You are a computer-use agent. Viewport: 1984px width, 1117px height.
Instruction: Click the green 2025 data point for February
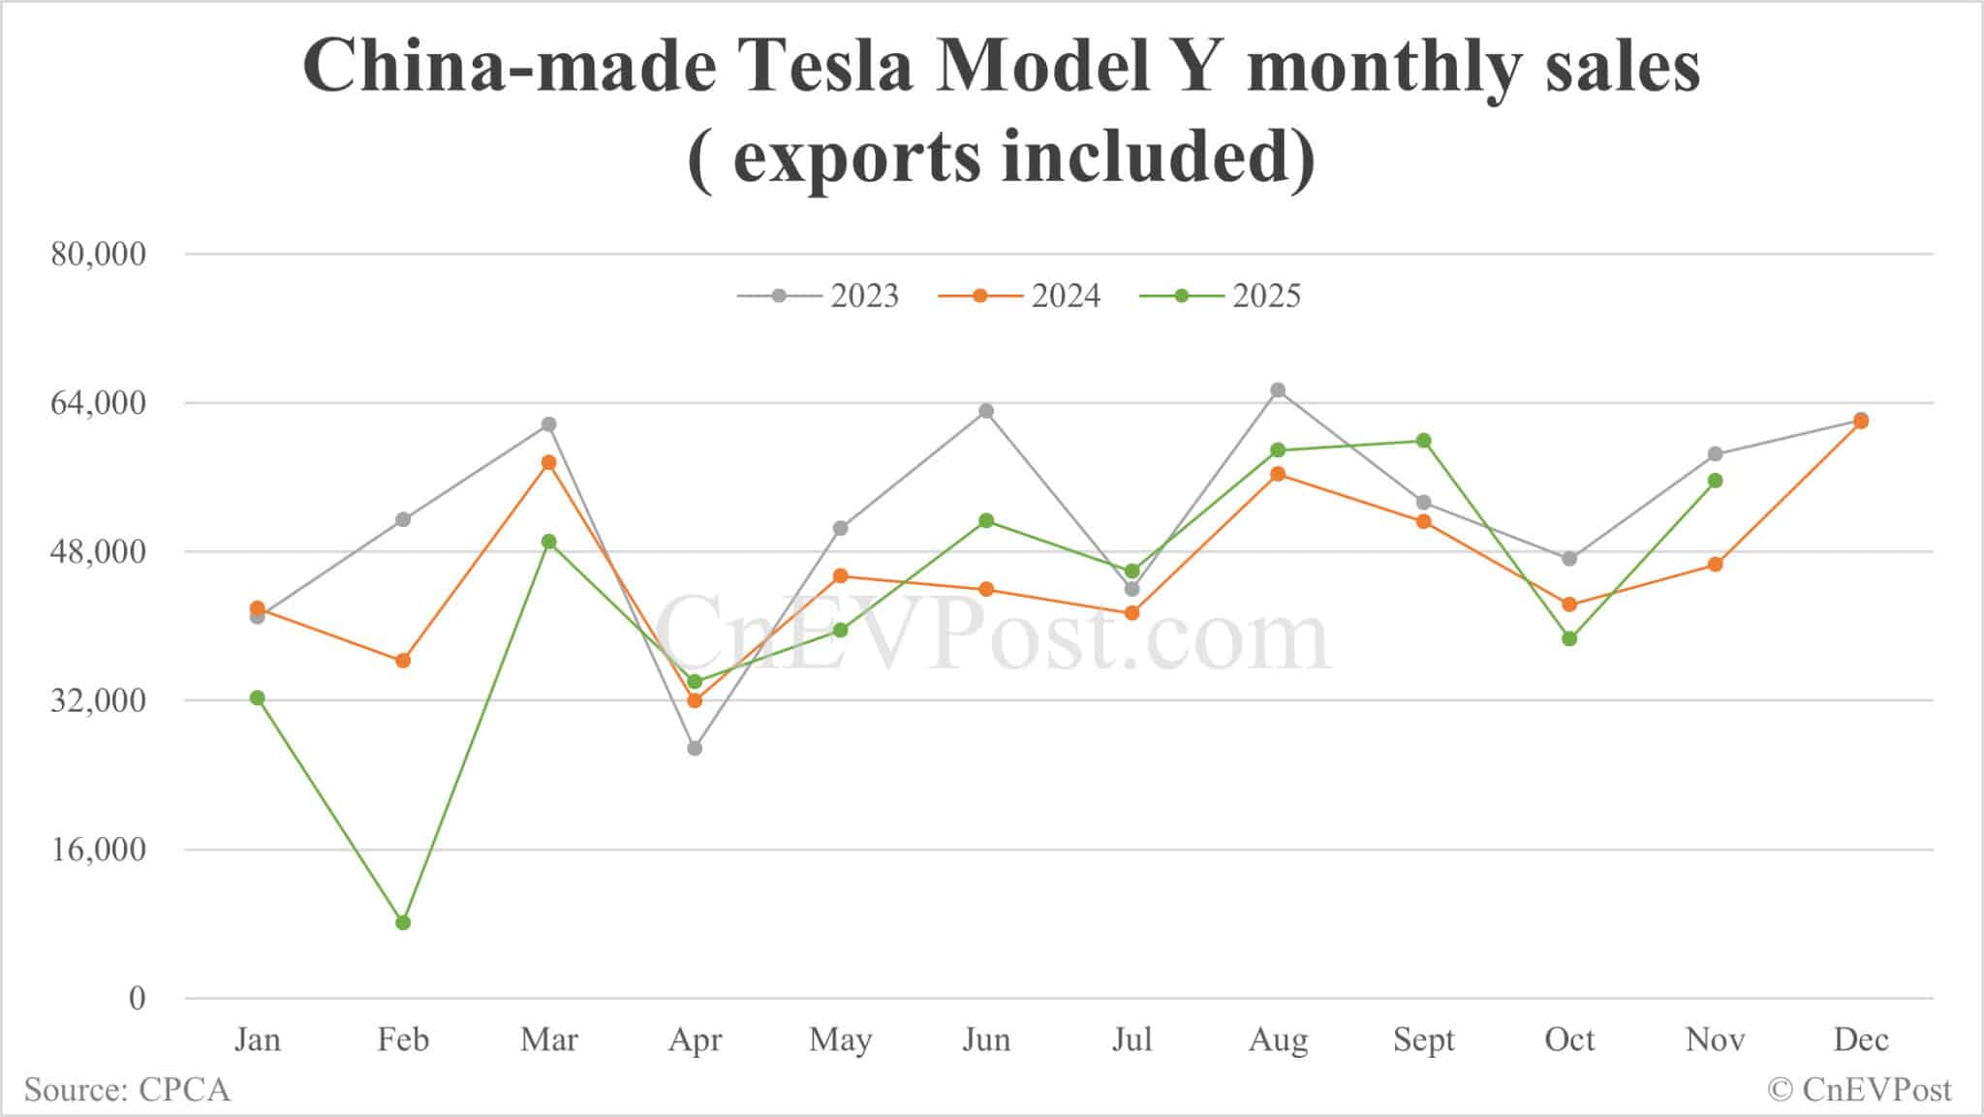click(403, 922)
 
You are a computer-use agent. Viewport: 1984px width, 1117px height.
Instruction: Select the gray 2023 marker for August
click(1278, 390)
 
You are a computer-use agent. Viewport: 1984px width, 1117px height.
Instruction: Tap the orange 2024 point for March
click(549, 462)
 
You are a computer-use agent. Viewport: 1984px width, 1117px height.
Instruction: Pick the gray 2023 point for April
click(695, 748)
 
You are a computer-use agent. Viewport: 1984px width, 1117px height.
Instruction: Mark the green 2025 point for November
click(1716, 481)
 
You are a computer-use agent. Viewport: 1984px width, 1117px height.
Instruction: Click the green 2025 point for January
click(257, 698)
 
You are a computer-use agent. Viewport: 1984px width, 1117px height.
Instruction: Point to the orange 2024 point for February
click(403, 661)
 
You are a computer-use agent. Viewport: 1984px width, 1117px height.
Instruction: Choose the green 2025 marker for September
click(1424, 441)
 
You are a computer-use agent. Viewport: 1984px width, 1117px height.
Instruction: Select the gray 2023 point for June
click(986, 411)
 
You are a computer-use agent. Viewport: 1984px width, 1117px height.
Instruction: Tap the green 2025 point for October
click(1569, 638)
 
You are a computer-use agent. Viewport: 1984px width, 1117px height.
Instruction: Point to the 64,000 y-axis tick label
click(98, 403)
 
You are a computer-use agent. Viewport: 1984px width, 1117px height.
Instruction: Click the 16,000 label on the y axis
click(98, 850)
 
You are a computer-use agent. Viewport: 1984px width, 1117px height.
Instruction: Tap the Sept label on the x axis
click(1424, 1039)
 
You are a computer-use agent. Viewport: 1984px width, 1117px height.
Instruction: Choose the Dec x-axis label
click(1861, 1039)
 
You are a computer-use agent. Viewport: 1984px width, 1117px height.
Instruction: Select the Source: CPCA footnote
click(127, 1090)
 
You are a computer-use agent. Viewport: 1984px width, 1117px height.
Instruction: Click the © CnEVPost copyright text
click(1859, 1090)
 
